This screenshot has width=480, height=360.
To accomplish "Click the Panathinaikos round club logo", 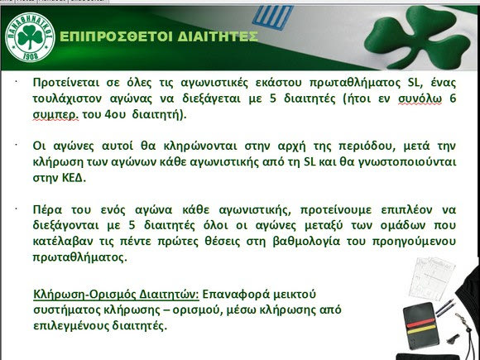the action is click(30, 36).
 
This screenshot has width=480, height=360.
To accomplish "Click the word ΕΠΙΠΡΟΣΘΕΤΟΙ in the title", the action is click(117, 36).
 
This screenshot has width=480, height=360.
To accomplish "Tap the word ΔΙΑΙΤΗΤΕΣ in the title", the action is click(218, 36).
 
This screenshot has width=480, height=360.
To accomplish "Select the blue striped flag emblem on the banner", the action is click(271, 17).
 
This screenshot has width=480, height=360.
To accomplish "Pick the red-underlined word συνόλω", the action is click(420, 98).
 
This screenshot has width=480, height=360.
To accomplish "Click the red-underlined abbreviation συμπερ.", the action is click(55, 115).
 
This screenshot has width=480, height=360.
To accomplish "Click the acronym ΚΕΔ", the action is click(74, 178).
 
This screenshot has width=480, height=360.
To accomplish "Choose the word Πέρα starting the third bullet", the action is click(47, 210).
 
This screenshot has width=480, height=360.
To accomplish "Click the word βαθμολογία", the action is click(306, 242).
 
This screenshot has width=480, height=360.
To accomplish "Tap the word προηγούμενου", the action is click(414, 242).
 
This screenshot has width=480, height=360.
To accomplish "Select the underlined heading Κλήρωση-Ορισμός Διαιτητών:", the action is click(116, 295).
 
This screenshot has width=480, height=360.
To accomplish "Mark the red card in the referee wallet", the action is click(420, 323).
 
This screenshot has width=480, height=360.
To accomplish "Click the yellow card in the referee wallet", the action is click(422, 329).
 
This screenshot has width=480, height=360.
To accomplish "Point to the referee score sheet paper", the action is click(432, 278).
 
